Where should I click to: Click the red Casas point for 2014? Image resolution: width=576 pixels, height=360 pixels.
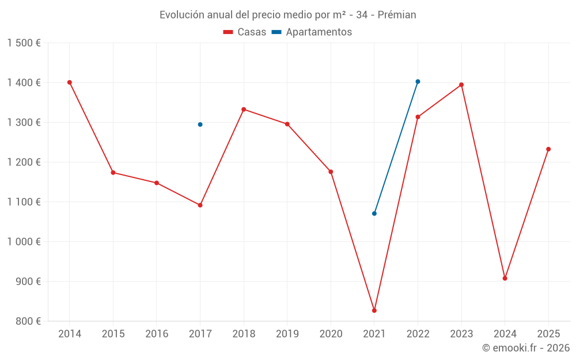click(x=70, y=82)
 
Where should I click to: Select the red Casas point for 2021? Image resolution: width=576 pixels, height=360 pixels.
click(x=374, y=310)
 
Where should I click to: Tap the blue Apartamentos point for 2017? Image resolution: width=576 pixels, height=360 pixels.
click(x=200, y=124)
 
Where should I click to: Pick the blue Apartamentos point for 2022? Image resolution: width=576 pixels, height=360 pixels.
click(x=418, y=82)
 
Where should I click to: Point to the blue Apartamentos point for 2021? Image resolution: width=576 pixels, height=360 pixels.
click(x=374, y=214)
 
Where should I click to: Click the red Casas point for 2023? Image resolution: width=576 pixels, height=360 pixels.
click(x=461, y=85)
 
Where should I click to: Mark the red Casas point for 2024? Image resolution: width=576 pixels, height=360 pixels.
click(x=505, y=278)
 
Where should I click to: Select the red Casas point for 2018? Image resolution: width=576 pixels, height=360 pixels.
click(x=244, y=109)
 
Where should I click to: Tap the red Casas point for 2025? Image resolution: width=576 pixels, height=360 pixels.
click(x=548, y=149)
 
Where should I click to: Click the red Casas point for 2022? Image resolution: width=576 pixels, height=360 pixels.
click(x=418, y=117)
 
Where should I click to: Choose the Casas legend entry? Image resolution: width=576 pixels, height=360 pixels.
click(x=245, y=32)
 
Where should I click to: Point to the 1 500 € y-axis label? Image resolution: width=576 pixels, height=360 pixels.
click(x=24, y=43)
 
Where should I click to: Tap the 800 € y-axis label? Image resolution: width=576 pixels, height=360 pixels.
click(x=28, y=321)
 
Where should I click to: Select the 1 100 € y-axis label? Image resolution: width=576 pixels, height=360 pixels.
click(x=24, y=202)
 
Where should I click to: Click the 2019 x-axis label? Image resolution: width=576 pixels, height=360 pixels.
click(x=287, y=334)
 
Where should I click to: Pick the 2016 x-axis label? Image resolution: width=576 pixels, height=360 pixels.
click(x=157, y=334)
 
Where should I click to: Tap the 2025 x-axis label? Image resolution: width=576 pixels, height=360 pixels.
click(x=548, y=334)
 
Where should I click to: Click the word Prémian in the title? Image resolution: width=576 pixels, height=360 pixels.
click(x=397, y=15)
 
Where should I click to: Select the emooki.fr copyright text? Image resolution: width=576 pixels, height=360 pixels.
click(x=526, y=348)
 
